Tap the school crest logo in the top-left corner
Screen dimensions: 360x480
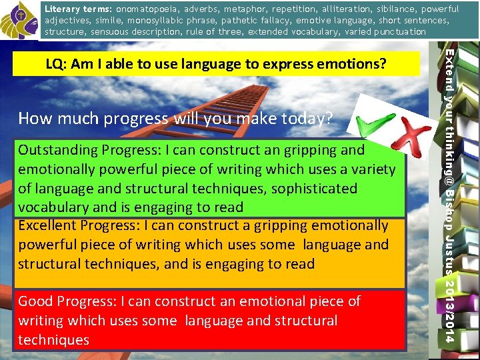(18, 20)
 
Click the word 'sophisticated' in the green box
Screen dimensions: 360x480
(299, 189)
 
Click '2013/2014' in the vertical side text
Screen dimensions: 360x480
(451, 309)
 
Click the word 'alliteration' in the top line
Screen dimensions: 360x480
(309, 9)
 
